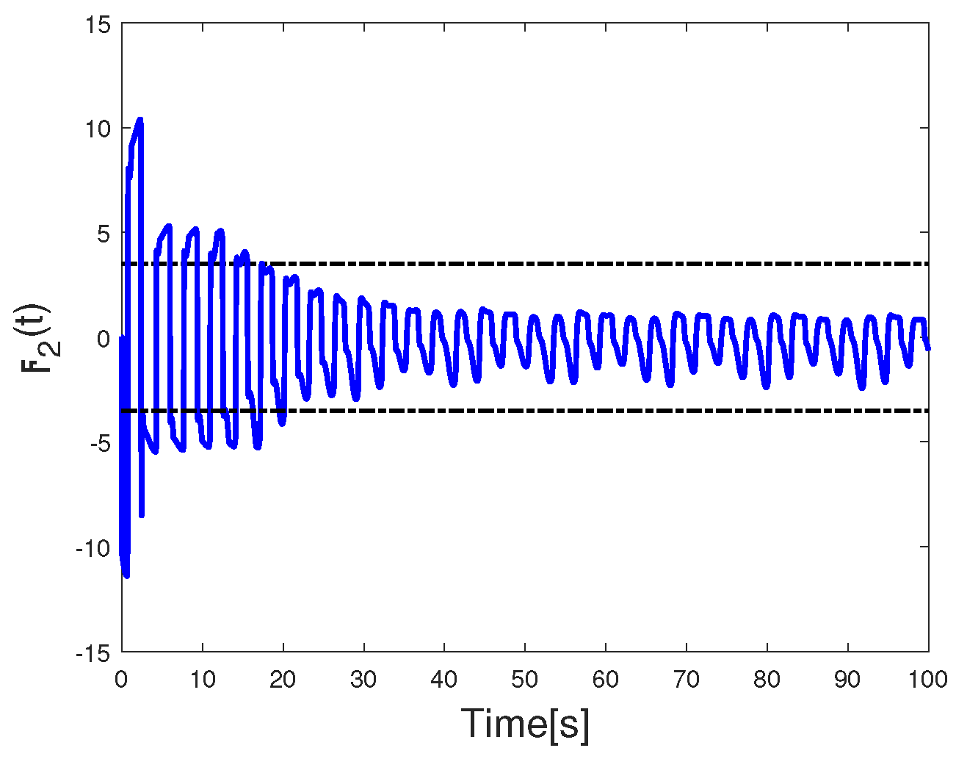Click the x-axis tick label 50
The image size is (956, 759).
click(525, 680)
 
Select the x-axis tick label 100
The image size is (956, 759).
click(928, 680)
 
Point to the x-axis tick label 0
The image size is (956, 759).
click(121, 680)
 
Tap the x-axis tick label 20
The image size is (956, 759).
click(283, 680)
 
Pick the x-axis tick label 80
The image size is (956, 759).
click(767, 680)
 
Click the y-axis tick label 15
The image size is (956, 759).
click(98, 25)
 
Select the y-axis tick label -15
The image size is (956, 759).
click(93, 653)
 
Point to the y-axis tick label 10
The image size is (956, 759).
click(98, 129)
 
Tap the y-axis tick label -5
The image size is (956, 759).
click(99, 444)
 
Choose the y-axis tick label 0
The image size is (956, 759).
click(104, 339)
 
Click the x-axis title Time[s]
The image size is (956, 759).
click(525, 724)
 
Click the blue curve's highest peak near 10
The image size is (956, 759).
click(140, 119)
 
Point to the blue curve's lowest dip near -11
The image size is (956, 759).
click(126, 575)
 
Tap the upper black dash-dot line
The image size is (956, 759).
click(587, 263)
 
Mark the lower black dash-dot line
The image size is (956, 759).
click(587, 411)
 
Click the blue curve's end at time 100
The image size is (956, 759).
click(927, 347)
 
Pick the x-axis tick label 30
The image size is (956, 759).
click(363, 680)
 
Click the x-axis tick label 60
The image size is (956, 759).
click(606, 680)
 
